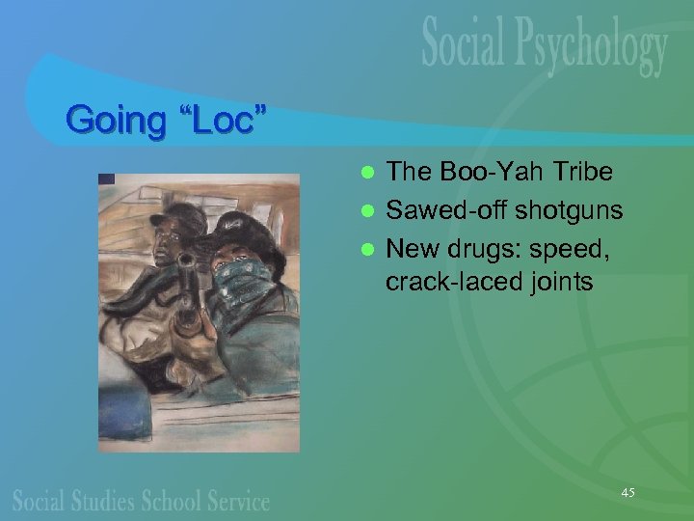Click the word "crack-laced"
442,283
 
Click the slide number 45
627,493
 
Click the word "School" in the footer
174,502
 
